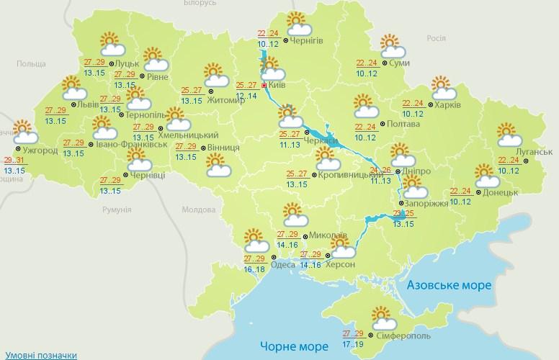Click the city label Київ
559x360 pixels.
pos(278,85)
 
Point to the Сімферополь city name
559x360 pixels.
pos(403,336)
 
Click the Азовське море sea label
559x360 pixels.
pos(449,285)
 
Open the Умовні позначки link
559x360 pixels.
pos(41,355)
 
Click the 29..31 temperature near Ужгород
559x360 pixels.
pos(14,161)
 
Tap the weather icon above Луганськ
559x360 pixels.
pos(509,135)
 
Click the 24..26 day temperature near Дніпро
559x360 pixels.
pos(380,171)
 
